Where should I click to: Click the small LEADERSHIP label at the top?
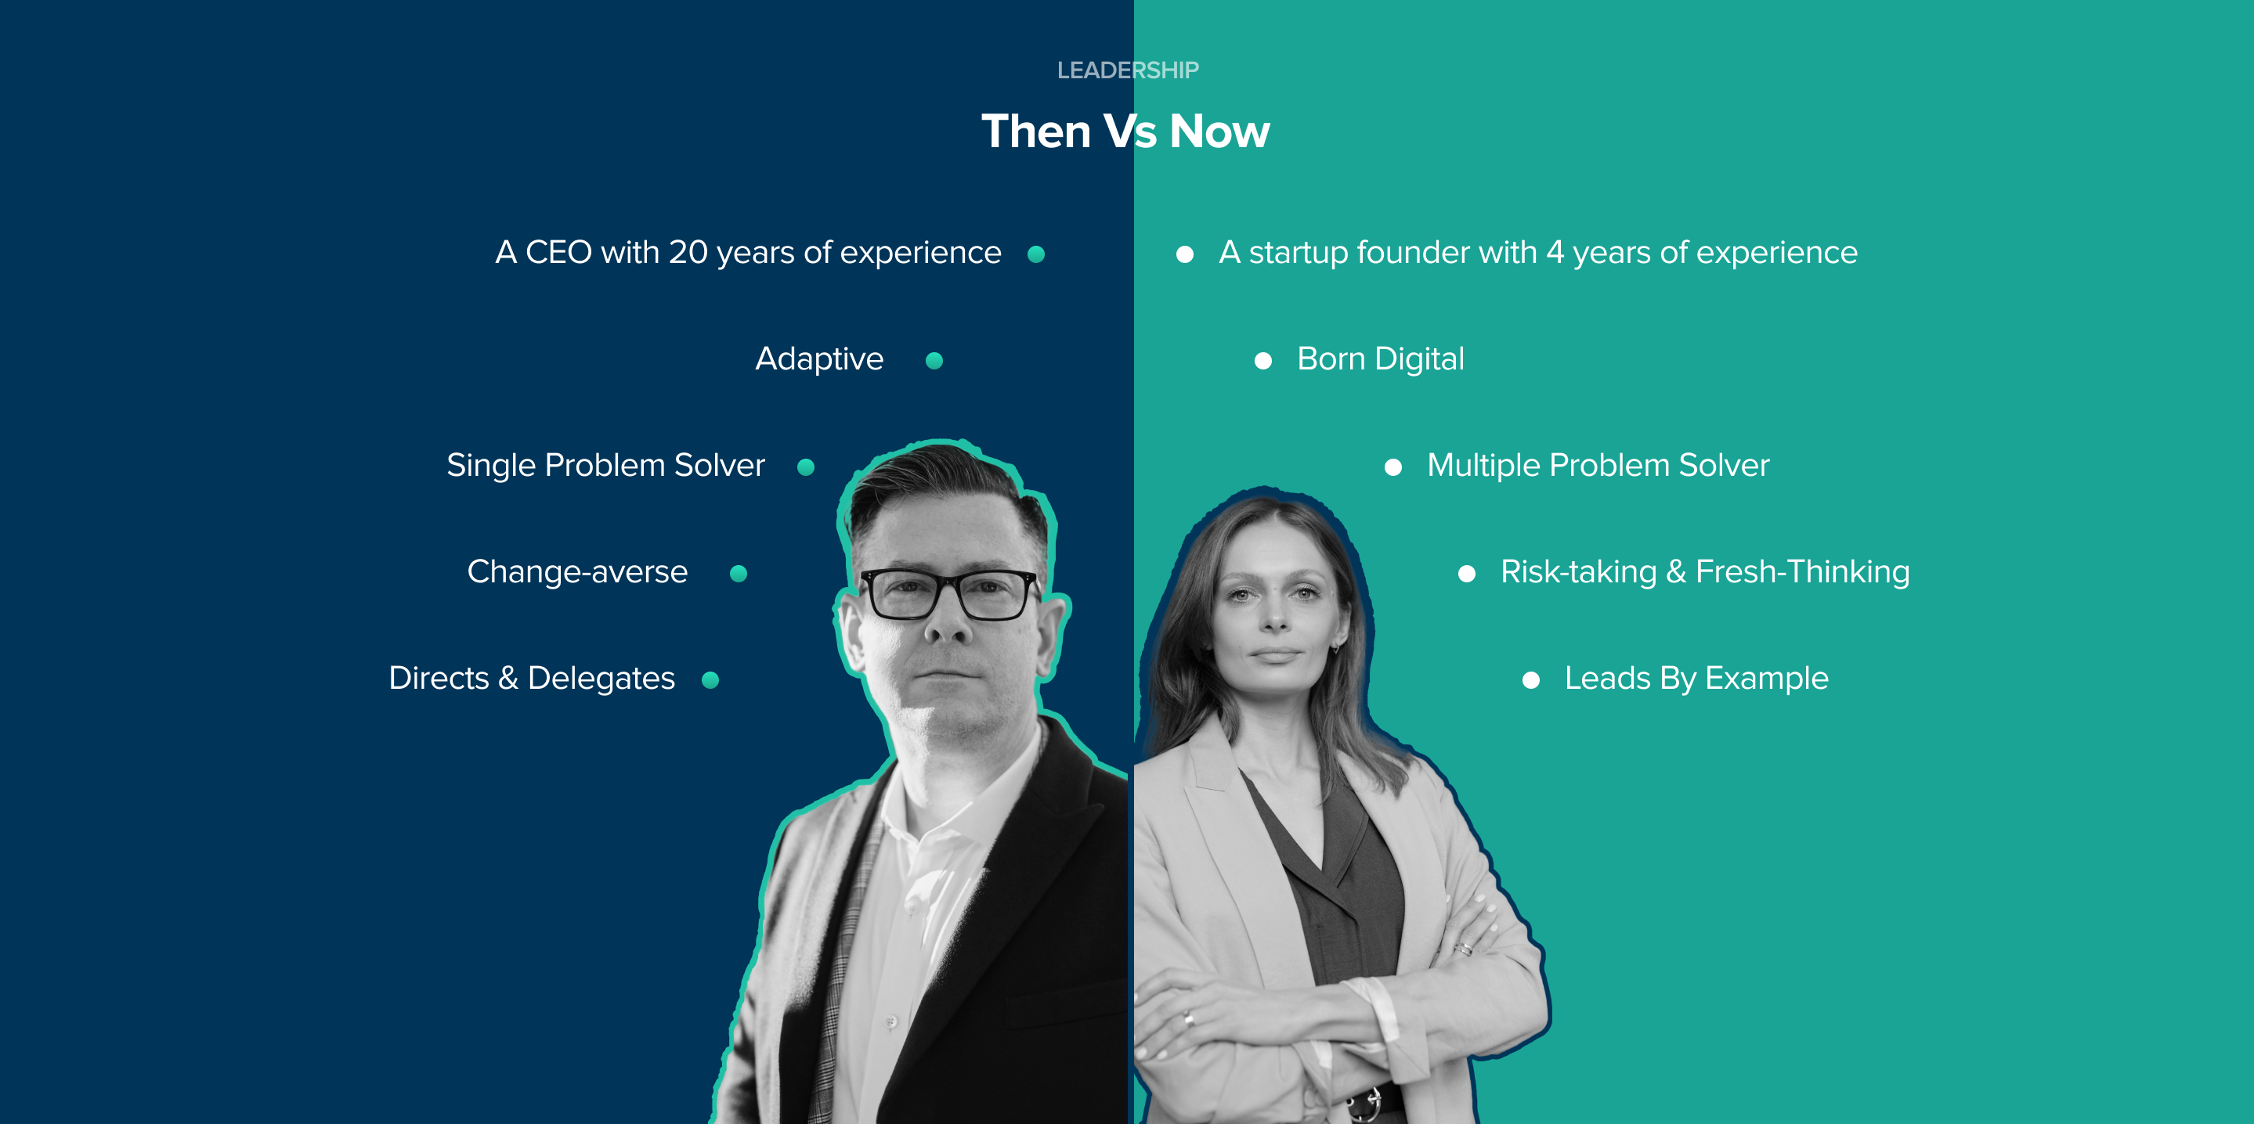[x=1127, y=70]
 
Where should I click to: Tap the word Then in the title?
[x=1036, y=132]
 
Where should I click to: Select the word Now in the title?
[x=1219, y=132]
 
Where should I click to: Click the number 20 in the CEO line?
[x=688, y=253]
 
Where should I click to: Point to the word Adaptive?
[x=819, y=359]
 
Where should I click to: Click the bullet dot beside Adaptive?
[x=934, y=360]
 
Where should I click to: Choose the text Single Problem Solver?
[x=605, y=466]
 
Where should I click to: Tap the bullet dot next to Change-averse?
[x=739, y=574]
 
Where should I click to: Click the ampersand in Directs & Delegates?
[x=508, y=679]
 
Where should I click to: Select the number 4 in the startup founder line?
[x=1554, y=253]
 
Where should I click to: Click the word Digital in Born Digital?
[x=1418, y=359]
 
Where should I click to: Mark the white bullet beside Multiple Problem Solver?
[x=1393, y=467]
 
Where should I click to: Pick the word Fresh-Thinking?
[x=1803, y=572]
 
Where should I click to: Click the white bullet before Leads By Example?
[x=1530, y=680]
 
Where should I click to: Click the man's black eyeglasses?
[x=950, y=594]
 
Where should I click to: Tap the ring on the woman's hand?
[x=1188, y=1018]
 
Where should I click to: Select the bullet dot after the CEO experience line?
[x=1036, y=254]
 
